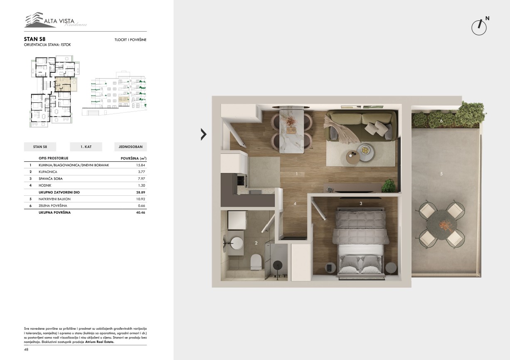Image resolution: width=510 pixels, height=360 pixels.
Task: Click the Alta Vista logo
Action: (x=56, y=20)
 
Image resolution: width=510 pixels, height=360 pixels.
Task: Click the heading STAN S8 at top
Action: (x=34, y=39)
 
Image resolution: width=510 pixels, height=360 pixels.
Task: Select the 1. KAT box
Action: (x=86, y=147)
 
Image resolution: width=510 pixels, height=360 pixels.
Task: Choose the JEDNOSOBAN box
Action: (x=131, y=147)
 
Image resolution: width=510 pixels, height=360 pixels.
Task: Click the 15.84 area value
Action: (x=140, y=165)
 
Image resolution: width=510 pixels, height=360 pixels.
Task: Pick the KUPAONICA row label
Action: (x=48, y=172)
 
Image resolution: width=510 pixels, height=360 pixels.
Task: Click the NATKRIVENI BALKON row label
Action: (x=54, y=199)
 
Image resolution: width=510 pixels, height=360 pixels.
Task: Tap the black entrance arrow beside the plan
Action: (x=204, y=134)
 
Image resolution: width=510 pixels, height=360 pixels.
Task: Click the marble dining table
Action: (x=292, y=131)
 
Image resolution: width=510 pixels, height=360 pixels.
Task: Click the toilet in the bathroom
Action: (x=256, y=262)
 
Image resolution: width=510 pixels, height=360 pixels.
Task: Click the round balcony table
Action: (x=442, y=224)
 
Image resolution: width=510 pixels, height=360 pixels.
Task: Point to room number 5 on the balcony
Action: (x=441, y=174)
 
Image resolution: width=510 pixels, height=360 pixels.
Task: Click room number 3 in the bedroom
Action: (x=361, y=203)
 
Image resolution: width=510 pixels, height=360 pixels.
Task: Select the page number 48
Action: (x=26, y=350)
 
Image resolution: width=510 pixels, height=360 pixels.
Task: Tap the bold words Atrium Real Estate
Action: (x=99, y=342)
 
